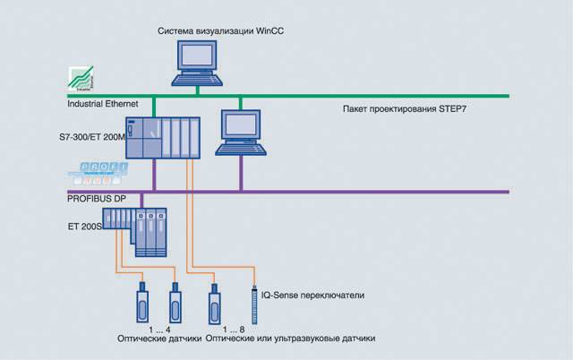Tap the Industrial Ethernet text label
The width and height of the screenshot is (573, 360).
tap(104, 106)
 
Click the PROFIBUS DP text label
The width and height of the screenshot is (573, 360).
tap(99, 196)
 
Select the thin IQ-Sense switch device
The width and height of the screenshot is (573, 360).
tap(256, 299)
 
